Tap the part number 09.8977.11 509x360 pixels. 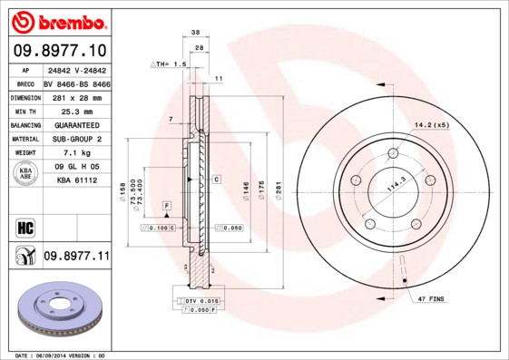pos(76,258)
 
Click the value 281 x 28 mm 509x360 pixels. pos(75,97)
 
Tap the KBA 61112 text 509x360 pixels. pos(76,181)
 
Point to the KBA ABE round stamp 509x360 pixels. pos(24,175)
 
